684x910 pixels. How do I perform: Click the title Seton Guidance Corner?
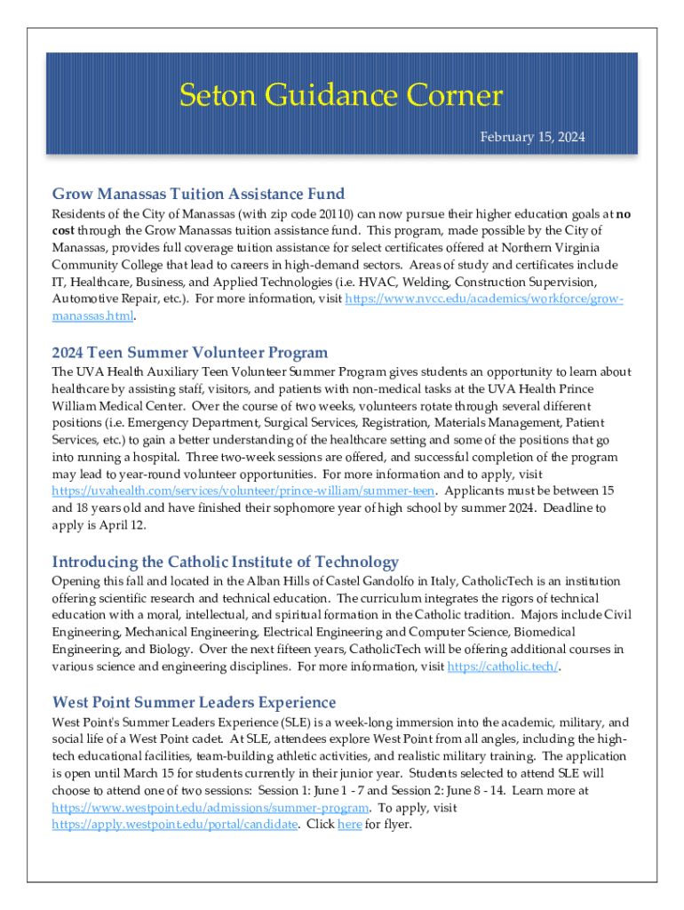pos(341,95)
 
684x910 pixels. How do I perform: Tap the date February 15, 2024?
pos(533,138)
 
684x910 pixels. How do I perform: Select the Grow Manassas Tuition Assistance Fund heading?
pos(198,194)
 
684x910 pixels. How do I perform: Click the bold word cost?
pos(65,231)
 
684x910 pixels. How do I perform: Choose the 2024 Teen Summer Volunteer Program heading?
pos(190,353)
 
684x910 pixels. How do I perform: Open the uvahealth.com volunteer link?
pos(243,491)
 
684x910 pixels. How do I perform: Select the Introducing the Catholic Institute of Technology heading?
pos(226,562)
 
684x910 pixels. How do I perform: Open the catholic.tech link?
pos(503,666)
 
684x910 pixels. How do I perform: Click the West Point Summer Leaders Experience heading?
pos(194,702)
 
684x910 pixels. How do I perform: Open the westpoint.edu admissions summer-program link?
pos(211,807)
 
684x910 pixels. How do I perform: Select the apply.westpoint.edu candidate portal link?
pos(174,824)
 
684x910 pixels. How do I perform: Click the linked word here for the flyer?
pos(350,824)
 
